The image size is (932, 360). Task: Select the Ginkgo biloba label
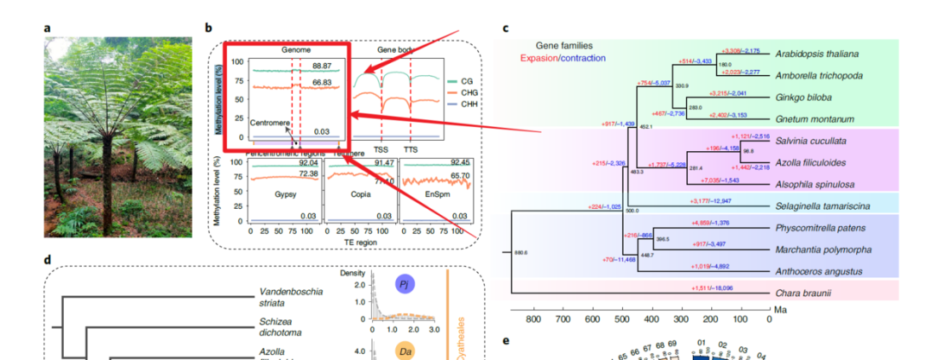802,97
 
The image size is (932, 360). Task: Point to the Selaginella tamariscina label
822,205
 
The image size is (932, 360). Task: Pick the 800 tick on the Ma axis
532,319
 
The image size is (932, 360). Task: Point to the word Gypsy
274,195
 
